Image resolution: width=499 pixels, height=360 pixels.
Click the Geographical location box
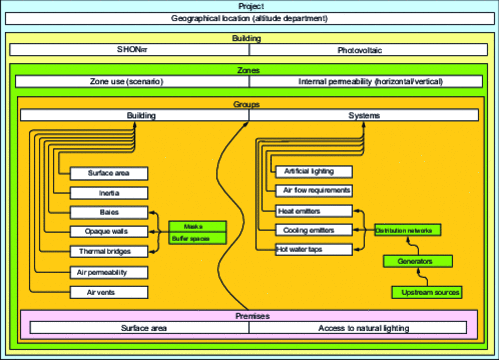[x=249, y=18]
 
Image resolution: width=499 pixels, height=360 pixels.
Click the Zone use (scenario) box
[x=134, y=82]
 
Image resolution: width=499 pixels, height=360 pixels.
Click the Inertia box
[x=109, y=192]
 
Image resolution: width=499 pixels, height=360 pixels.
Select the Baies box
[x=109, y=212]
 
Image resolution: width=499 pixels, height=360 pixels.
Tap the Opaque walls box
[x=109, y=231]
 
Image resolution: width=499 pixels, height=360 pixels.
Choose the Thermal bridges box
[x=109, y=251]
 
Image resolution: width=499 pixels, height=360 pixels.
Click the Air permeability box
[x=109, y=271]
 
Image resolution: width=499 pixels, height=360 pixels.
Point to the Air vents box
[x=109, y=292]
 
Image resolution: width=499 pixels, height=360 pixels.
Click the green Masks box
[x=197, y=227]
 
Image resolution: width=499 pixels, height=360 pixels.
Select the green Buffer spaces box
[x=197, y=238]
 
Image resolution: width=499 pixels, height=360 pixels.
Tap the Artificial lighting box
[x=313, y=171]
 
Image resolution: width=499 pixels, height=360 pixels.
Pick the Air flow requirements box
[x=313, y=190]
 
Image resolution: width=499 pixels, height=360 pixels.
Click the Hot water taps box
[x=313, y=249]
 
